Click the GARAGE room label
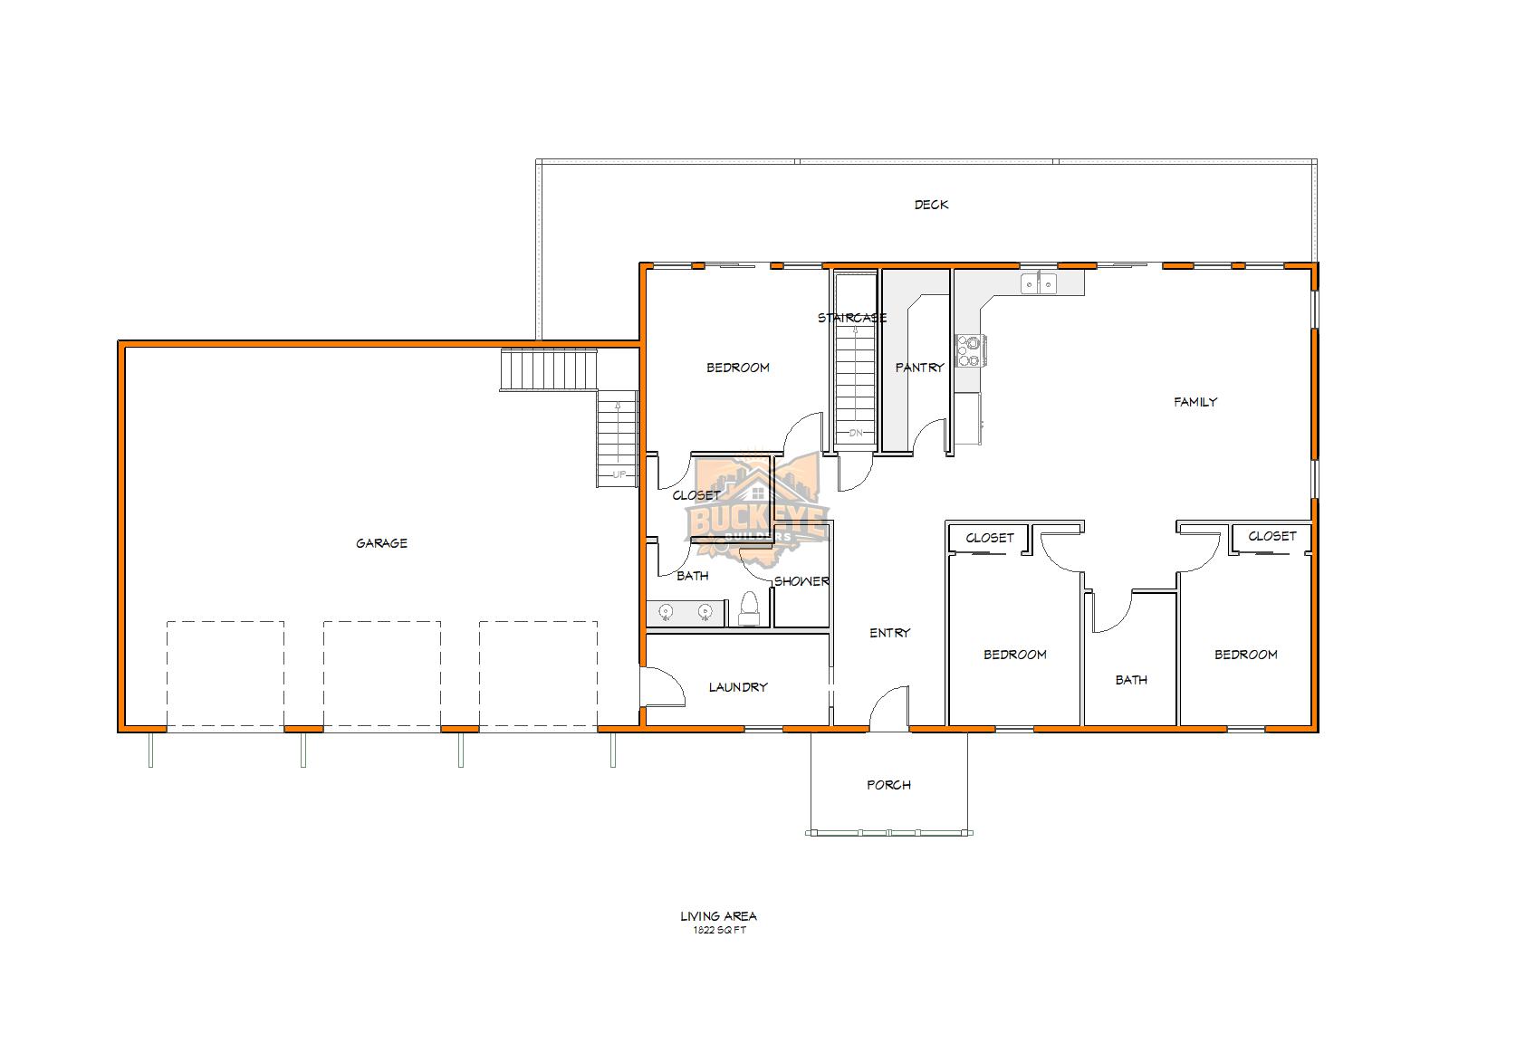(x=381, y=543)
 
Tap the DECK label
(x=931, y=205)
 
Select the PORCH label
(x=888, y=785)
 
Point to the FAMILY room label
(x=1195, y=402)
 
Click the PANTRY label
(x=919, y=368)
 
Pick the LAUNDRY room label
(x=738, y=687)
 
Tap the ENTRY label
(x=889, y=633)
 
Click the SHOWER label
(x=801, y=581)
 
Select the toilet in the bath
(x=749, y=610)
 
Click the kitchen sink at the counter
(x=1039, y=283)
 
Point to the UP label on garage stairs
(x=619, y=474)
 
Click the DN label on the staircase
(x=856, y=433)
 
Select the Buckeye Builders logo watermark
(x=757, y=507)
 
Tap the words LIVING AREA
(x=718, y=916)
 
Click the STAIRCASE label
(x=851, y=318)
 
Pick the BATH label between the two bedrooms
(x=1131, y=680)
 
